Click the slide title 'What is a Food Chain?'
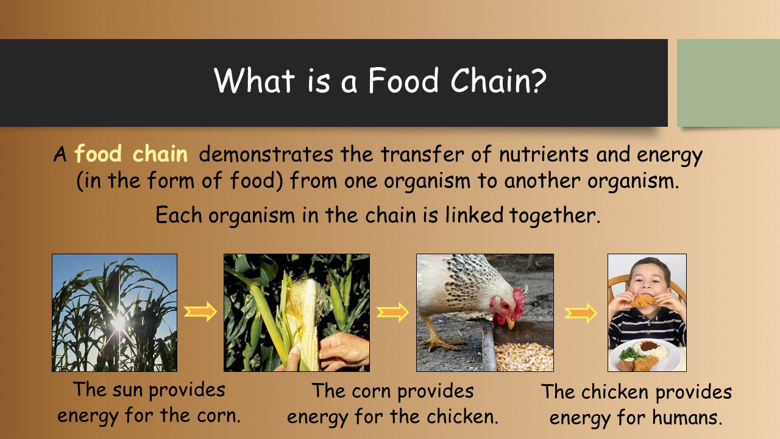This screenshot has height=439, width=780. (380, 81)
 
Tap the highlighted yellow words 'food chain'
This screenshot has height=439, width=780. (131, 154)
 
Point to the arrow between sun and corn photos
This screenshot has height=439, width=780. (200, 311)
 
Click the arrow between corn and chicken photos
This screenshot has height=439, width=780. (392, 312)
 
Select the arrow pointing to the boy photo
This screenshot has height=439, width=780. (581, 313)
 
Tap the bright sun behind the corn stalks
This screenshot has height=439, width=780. (118, 323)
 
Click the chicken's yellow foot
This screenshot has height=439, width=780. (439, 343)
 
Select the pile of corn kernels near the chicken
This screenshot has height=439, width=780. (523, 357)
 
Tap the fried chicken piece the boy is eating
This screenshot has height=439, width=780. (645, 301)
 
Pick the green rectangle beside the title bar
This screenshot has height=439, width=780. (728, 83)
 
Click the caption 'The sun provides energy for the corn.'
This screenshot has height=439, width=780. (149, 402)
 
